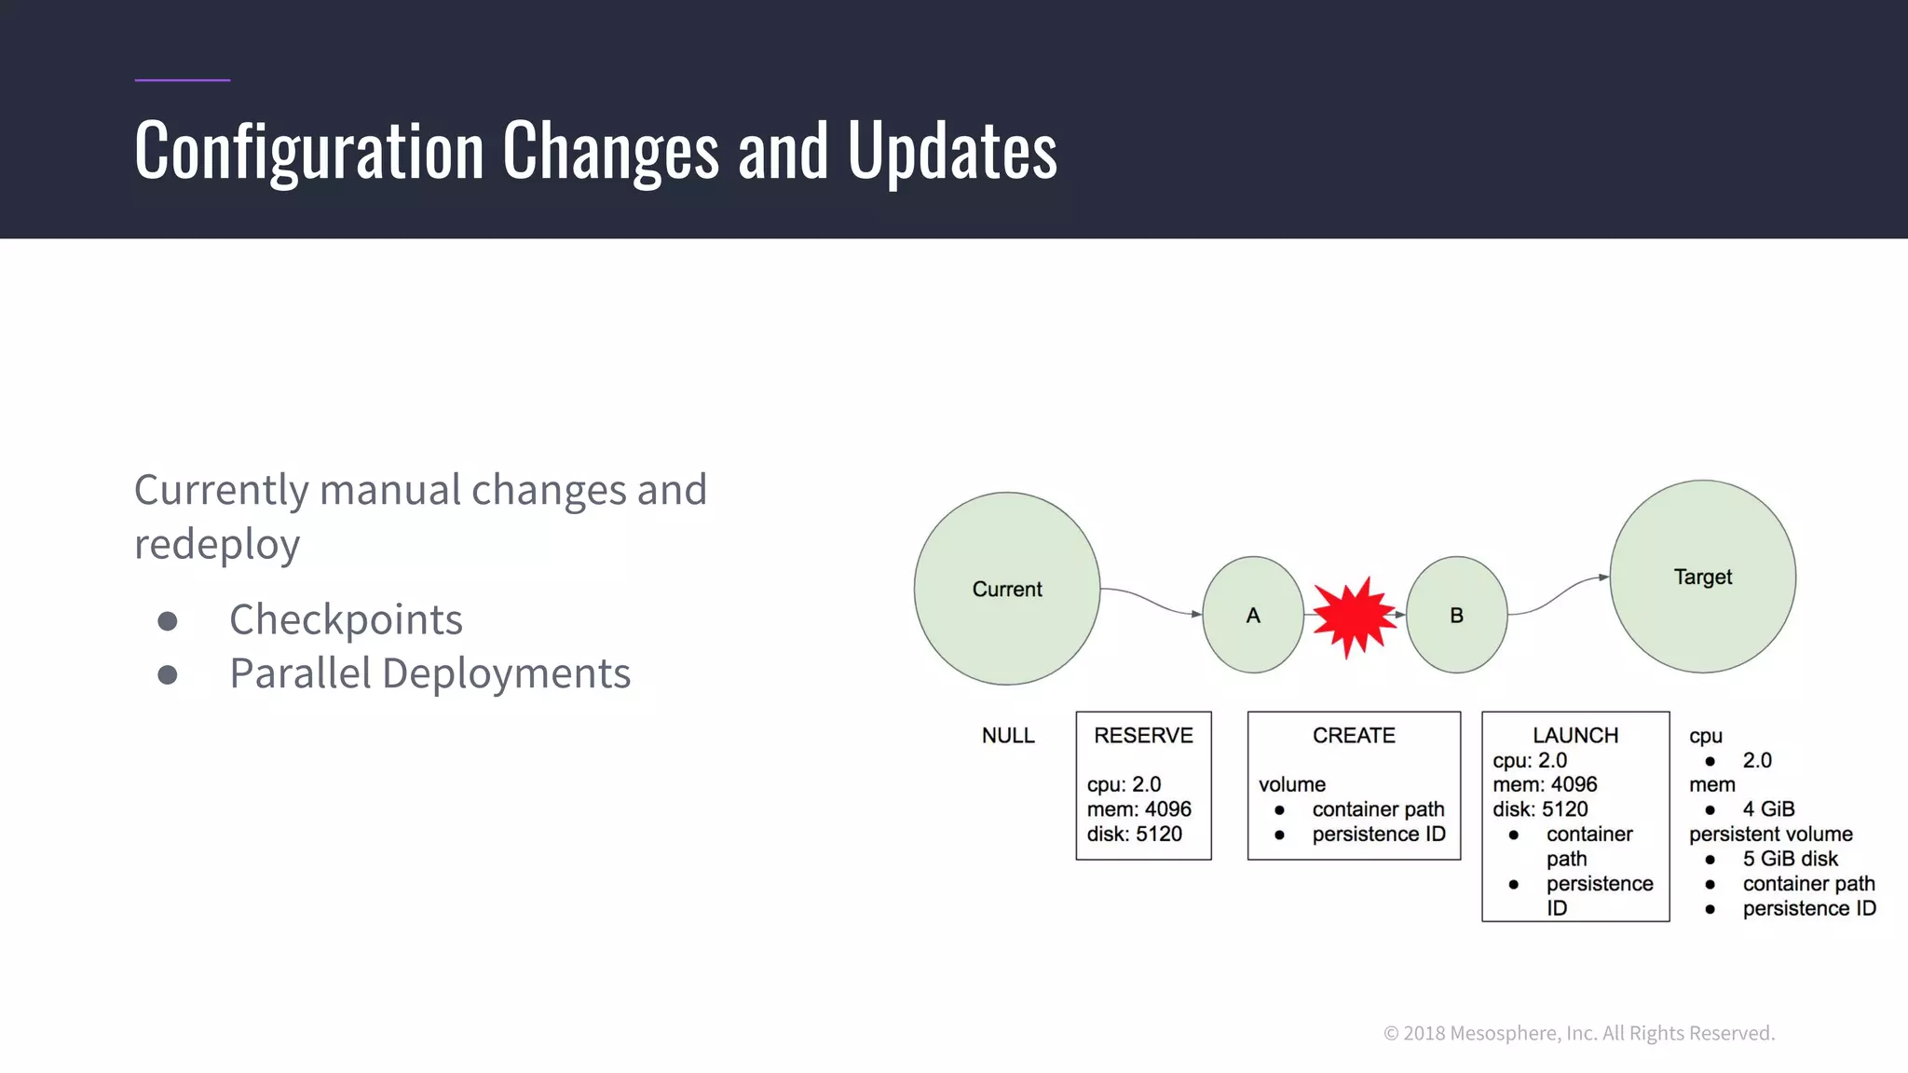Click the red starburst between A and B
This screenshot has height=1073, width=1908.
1353,617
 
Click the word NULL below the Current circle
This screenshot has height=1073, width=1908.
1008,736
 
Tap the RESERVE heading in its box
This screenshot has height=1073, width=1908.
1143,736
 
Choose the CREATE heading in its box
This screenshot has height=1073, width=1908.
1354,736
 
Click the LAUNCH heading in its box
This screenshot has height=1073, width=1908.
1575,736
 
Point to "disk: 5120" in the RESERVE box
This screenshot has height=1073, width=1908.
1134,835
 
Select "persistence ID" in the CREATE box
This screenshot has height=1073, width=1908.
1379,835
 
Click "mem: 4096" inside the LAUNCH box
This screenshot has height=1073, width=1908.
1545,785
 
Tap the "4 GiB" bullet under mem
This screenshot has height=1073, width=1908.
1768,809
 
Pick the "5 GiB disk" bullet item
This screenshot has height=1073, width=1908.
1790,859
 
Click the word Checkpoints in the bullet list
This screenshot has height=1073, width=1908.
346,619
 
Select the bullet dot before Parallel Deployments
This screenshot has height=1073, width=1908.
168,674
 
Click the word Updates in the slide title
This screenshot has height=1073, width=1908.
951,151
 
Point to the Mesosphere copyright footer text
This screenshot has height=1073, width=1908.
1579,1033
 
